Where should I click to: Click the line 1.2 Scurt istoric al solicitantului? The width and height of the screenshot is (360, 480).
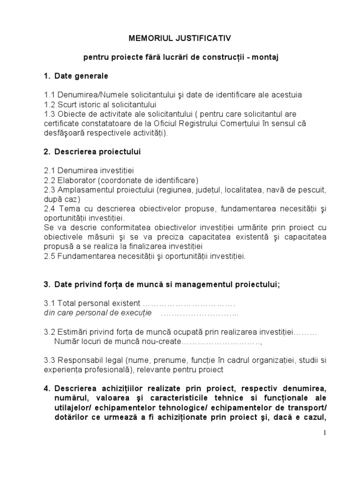[100, 104]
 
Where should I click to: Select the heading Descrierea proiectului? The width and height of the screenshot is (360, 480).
[97, 152]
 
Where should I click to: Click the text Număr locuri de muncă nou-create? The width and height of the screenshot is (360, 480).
[117, 342]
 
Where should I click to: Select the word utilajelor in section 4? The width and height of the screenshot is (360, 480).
[75, 408]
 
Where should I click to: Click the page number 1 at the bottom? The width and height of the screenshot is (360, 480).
[324, 432]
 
